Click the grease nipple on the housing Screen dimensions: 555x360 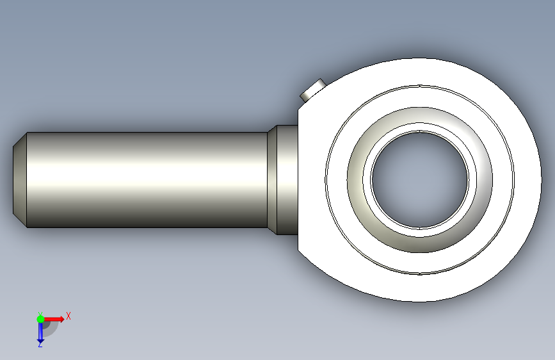[x=313, y=90]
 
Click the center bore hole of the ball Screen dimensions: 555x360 [x=420, y=180]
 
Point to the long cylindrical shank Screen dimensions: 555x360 [x=147, y=180]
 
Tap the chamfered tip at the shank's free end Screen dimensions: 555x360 [x=20, y=180]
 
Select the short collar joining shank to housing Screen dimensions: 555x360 [x=287, y=180]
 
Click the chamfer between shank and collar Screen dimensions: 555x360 [x=272, y=180]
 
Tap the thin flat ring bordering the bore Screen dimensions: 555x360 [x=420, y=127]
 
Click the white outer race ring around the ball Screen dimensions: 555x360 [x=420, y=96]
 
